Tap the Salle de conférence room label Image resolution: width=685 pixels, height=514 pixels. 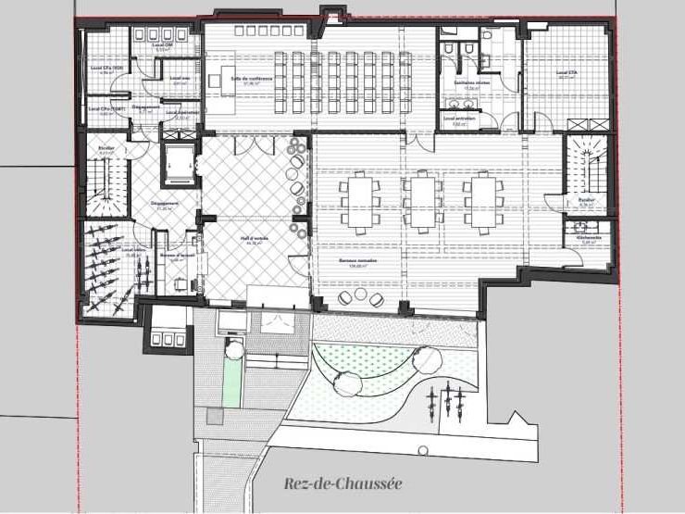253,80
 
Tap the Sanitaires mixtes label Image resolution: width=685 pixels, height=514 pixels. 471,82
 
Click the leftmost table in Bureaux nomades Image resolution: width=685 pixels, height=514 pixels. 359,199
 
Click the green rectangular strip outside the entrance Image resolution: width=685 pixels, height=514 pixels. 230,382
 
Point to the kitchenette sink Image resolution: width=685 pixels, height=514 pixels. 583,225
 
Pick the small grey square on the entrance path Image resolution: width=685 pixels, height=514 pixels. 215,418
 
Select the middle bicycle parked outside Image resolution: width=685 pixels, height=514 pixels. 445,399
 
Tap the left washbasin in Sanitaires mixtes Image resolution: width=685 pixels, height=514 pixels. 447,47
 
